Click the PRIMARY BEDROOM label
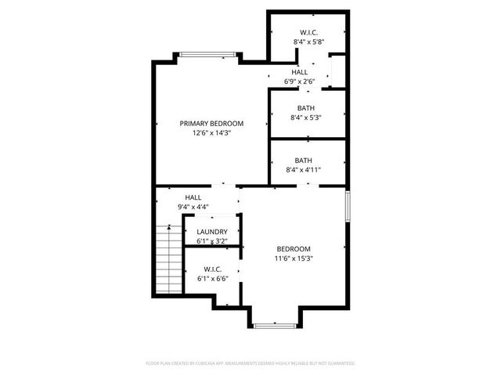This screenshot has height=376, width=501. pyautogui.click(x=211, y=123)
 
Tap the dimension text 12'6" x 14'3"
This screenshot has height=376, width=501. pyautogui.click(x=211, y=133)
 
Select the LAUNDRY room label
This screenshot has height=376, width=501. pyautogui.click(x=212, y=232)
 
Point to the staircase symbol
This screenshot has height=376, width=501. pyautogui.click(x=168, y=258)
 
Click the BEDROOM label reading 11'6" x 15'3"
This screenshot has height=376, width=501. pyautogui.click(x=294, y=248)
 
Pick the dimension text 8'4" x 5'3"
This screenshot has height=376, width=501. pyautogui.click(x=305, y=118)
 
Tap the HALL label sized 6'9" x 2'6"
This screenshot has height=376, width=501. pyautogui.click(x=300, y=71)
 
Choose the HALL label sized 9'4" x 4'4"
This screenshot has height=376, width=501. pyautogui.click(x=193, y=197)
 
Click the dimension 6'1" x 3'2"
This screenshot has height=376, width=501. pyautogui.click(x=212, y=241)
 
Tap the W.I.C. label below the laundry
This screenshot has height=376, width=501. pyautogui.click(x=213, y=269)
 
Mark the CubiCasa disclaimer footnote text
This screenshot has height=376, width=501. pyautogui.click(x=250, y=363)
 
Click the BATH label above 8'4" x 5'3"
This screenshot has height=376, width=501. pyautogui.click(x=305, y=108)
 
